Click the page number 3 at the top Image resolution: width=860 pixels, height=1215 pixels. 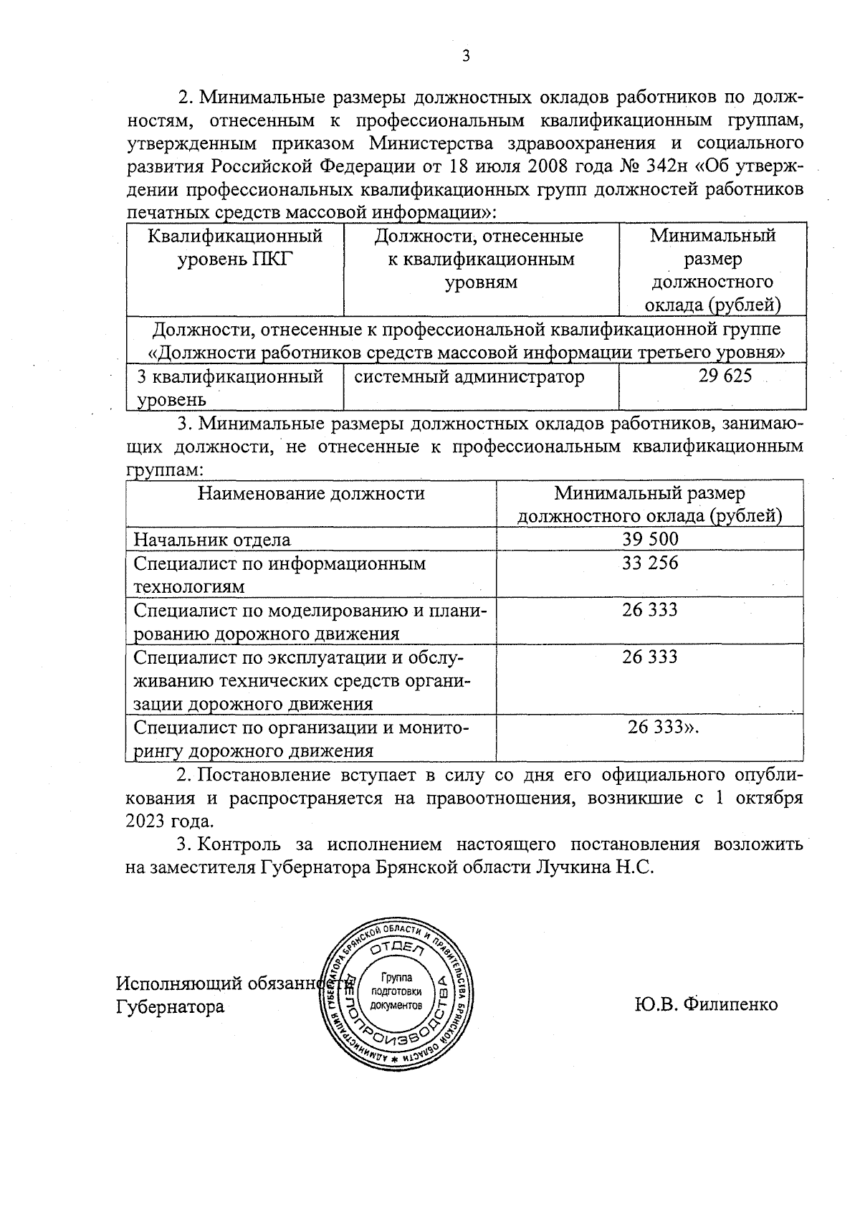point(465,57)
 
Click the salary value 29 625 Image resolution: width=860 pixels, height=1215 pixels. point(725,376)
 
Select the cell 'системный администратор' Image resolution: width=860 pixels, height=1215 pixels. point(469,376)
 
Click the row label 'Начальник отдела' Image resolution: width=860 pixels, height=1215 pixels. point(212,540)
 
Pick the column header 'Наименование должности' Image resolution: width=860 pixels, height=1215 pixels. point(311,493)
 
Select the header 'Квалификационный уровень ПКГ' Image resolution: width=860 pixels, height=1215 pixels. point(235,247)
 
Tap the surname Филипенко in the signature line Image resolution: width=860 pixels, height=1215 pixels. point(730,1004)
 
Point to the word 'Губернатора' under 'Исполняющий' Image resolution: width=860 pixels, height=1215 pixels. point(170,1006)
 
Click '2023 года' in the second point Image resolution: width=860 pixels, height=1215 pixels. point(169,821)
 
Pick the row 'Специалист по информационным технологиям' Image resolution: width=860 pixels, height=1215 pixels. point(279,574)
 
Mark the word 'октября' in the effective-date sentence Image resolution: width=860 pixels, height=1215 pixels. point(769,797)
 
